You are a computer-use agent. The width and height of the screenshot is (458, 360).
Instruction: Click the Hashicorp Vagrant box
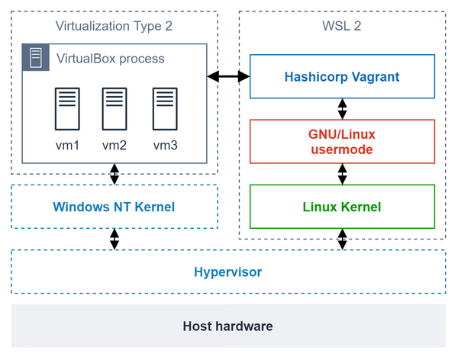[x=342, y=77]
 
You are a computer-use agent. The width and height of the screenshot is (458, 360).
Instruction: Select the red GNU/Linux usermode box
[x=342, y=141]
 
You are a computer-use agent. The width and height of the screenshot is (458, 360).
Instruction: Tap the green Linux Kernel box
[x=342, y=207]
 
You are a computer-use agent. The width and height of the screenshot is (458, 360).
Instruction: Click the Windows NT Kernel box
[x=114, y=207]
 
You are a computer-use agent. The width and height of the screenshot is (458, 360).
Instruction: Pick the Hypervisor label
[x=227, y=272]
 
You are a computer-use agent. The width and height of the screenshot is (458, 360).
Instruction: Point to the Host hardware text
[x=227, y=326]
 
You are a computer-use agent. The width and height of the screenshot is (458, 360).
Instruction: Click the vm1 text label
[x=66, y=145]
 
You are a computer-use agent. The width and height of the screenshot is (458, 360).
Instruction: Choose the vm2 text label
[x=114, y=145]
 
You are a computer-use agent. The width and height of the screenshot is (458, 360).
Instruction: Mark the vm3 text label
[x=164, y=145]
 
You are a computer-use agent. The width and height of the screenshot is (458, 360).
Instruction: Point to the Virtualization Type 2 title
[x=114, y=27]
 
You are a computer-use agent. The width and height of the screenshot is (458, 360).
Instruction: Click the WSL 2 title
[x=342, y=27]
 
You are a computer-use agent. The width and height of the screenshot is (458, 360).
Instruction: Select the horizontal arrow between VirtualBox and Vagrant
[x=229, y=76]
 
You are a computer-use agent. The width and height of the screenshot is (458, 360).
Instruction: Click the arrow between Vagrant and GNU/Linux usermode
[x=343, y=108]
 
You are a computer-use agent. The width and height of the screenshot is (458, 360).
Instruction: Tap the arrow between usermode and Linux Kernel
[x=343, y=174]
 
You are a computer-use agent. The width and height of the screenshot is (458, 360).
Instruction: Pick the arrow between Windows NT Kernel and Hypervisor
[x=114, y=239]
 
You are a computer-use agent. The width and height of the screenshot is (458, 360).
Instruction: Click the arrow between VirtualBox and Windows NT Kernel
[x=114, y=174]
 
